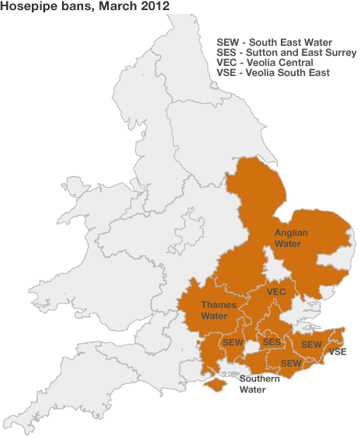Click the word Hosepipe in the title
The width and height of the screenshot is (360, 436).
(x=28, y=8)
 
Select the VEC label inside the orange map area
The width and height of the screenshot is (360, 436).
(x=277, y=292)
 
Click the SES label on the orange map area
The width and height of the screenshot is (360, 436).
(x=272, y=342)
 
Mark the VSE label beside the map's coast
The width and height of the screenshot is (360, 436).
(x=337, y=352)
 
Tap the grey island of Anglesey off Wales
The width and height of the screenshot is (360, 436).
(x=75, y=188)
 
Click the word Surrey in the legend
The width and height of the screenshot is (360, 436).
(x=339, y=53)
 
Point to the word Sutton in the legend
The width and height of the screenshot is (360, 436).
(x=264, y=53)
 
